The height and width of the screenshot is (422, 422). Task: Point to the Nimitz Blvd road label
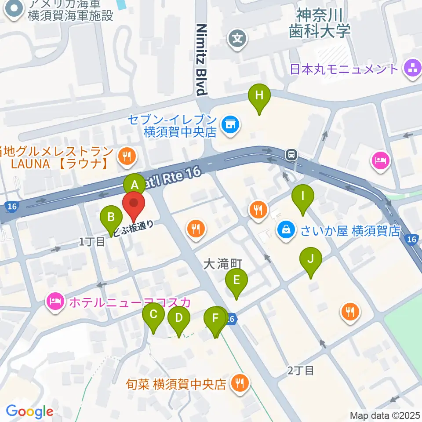(x=201, y=59)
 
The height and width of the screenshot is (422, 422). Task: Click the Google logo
(x=29, y=411)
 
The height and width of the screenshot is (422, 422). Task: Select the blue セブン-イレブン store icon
(x=229, y=123)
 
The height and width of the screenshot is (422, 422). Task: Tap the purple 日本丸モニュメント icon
(x=412, y=69)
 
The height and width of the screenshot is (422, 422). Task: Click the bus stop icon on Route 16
(x=291, y=154)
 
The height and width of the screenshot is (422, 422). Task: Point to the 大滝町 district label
(x=223, y=264)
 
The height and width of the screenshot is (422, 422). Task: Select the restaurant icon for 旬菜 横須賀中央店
(x=240, y=383)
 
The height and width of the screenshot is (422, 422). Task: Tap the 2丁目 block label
(x=301, y=371)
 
